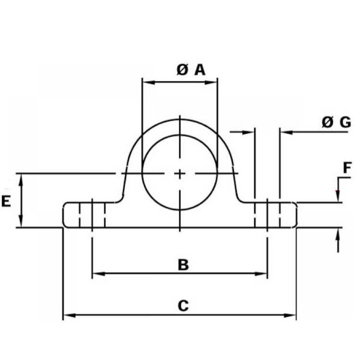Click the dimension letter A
[200, 70]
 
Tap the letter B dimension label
[183, 265]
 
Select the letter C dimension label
[183, 305]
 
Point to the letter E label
[6, 202]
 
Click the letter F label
[347, 167]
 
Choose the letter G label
[346, 122]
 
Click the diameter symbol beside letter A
[182, 70]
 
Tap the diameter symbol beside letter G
[327, 122]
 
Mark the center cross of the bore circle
[180, 174]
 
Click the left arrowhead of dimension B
[98, 274]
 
